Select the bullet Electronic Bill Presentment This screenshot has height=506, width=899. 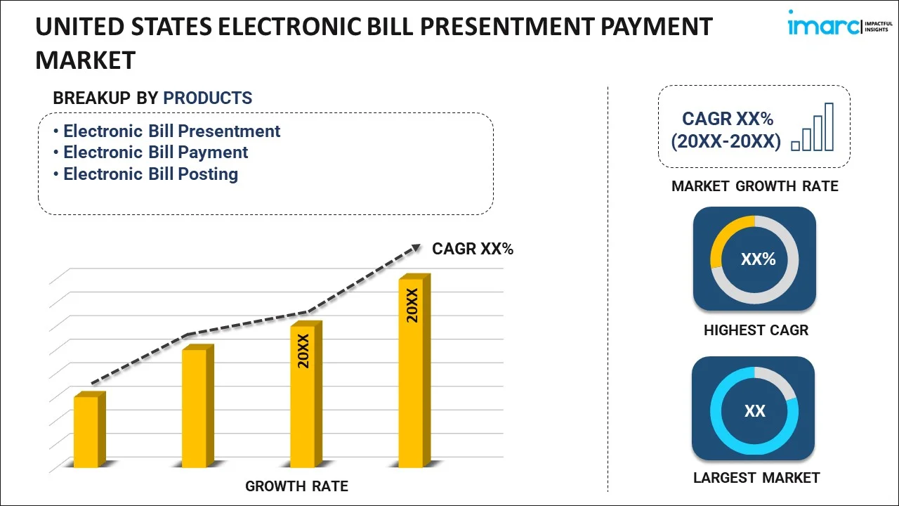tap(171, 131)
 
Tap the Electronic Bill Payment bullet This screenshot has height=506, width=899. tap(155, 153)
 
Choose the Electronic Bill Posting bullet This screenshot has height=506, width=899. tap(150, 174)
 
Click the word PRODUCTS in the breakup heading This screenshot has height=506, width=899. tap(207, 98)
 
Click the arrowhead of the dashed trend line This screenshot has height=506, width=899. tap(415, 247)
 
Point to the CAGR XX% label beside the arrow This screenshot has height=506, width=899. tap(473, 249)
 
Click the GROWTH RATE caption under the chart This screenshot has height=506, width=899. tap(296, 486)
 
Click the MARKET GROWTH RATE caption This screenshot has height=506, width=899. tap(754, 186)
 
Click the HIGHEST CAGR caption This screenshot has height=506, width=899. tap(756, 330)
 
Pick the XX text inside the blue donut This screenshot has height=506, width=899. tap(755, 411)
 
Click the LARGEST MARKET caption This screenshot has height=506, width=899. tap(756, 478)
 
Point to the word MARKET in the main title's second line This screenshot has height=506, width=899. tap(85, 60)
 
